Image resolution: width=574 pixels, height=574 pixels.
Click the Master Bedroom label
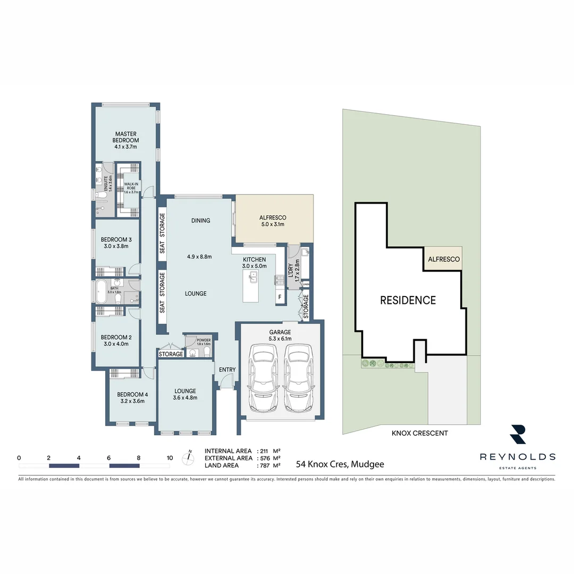pyautogui.click(x=126, y=137)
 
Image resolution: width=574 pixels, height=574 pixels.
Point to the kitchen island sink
pyautogui.click(x=254, y=277)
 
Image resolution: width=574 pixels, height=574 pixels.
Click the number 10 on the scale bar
pyautogui.click(x=170, y=458)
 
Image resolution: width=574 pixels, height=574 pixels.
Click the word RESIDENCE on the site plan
pyautogui.click(x=408, y=300)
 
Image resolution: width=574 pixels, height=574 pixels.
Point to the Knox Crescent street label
pyautogui.click(x=419, y=433)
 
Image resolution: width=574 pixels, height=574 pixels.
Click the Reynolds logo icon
pyautogui.click(x=517, y=435)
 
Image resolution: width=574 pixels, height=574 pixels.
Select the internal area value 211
pyautogui.click(x=264, y=451)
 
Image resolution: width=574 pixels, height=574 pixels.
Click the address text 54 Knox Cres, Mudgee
pyautogui.click(x=340, y=464)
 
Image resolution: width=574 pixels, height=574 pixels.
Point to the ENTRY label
pyautogui.click(x=227, y=370)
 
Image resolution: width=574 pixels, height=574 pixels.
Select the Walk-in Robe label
pyautogui.click(x=131, y=185)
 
